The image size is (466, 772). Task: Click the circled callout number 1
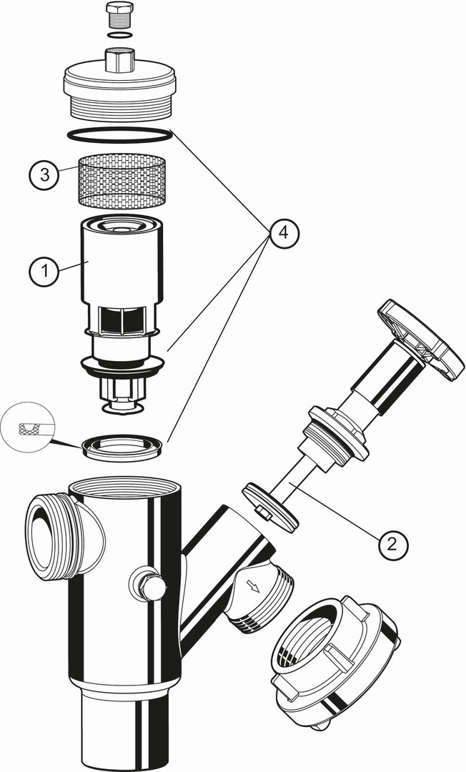click(44, 269)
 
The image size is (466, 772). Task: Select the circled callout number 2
click(392, 543)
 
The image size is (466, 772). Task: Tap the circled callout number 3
click(44, 175)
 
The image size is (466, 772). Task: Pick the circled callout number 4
click(284, 232)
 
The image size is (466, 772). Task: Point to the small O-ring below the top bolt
click(119, 36)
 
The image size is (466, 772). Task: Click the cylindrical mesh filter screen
click(121, 179)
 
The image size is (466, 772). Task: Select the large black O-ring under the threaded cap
click(119, 135)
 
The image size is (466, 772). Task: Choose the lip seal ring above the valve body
click(122, 447)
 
